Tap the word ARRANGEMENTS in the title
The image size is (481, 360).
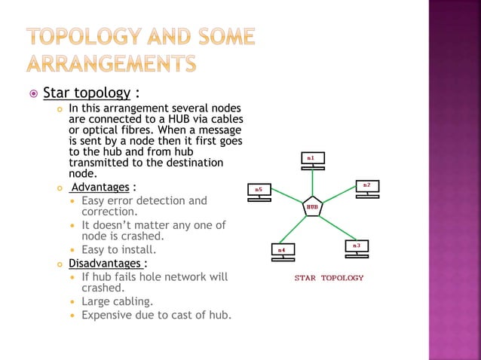(112, 63)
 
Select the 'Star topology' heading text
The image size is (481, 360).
(87, 94)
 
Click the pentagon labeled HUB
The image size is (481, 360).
(313, 206)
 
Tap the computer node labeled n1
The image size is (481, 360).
(313, 160)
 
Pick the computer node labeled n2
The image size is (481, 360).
(366, 188)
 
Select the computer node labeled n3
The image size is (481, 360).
(356, 248)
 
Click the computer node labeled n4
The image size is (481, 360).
(282, 251)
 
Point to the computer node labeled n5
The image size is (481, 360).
(259, 191)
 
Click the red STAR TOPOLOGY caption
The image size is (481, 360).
(329, 278)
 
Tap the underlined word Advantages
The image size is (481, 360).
(100, 187)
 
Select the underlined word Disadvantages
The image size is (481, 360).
(105, 264)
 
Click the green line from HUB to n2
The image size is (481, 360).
(339, 197)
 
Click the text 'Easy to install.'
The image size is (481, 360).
(118, 249)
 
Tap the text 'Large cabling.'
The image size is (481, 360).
(115, 301)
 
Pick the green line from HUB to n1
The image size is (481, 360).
(313, 183)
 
